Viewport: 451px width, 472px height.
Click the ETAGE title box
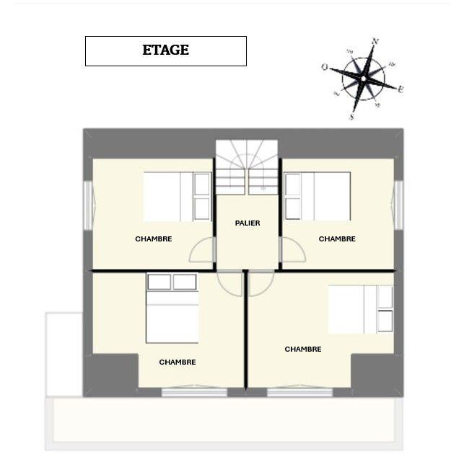(165, 50)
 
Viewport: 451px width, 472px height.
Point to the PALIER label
(248, 223)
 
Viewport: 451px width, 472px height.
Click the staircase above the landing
(247, 167)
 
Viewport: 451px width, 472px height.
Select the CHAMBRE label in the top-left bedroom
(154, 239)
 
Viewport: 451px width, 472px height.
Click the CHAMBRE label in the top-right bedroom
(337, 239)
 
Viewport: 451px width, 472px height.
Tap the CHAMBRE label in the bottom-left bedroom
(178, 362)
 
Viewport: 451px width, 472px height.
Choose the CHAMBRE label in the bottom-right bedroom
(303, 349)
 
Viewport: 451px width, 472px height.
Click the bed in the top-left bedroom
(177, 196)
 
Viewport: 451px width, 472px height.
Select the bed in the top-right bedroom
(318, 195)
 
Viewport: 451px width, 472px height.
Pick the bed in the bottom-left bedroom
(172, 308)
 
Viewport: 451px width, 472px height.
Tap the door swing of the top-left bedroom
(203, 250)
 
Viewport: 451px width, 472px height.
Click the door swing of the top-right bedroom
(292, 250)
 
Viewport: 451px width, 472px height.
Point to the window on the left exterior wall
(87, 205)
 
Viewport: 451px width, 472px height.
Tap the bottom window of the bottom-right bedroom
(299, 392)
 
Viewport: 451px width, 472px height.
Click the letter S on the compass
(351, 116)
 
